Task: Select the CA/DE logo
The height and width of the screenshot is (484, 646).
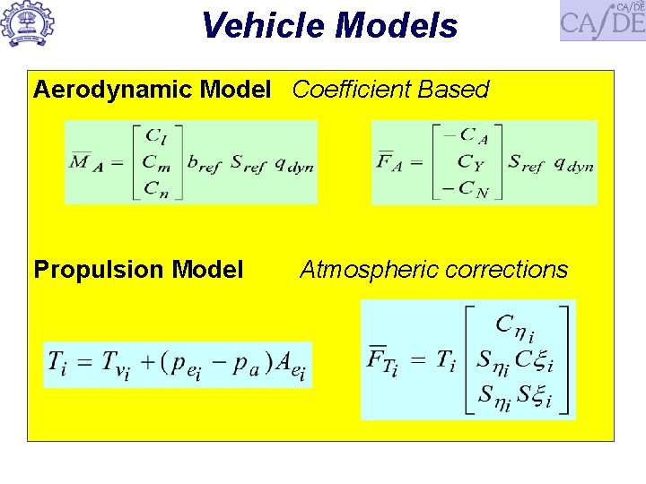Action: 602,21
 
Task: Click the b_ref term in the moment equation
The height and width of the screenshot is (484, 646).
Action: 204,164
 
